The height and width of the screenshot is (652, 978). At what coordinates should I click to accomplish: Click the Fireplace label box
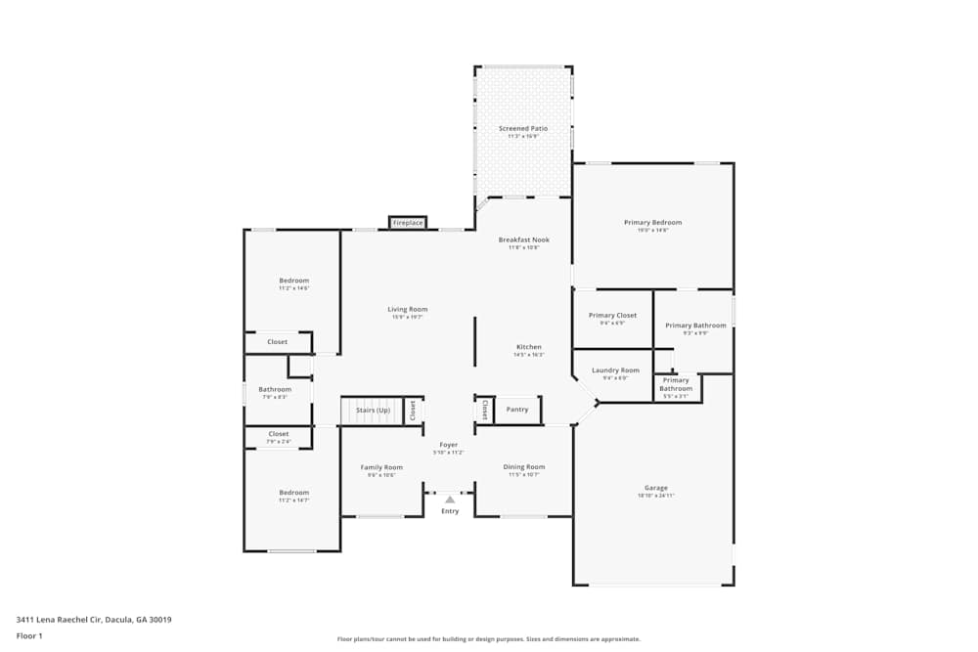point(408,223)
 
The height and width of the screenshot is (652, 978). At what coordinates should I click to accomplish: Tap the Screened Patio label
point(523,129)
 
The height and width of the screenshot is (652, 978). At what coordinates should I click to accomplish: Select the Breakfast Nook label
point(523,239)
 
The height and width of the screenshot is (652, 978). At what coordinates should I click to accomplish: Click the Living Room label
point(408,310)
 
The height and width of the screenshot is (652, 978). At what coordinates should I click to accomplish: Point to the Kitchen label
point(529,347)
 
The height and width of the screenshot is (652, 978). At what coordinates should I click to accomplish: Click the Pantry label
point(517,410)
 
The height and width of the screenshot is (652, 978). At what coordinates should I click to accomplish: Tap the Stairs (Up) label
point(373,411)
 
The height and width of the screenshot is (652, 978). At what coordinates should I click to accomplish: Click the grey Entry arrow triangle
point(450,500)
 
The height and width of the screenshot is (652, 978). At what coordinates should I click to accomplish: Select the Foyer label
point(449,445)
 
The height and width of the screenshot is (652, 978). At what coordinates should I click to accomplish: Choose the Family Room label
point(380,467)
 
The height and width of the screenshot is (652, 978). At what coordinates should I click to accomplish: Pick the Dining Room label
point(524,467)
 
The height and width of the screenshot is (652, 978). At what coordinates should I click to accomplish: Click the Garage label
point(655,488)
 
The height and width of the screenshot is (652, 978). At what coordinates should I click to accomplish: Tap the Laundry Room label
point(616,370)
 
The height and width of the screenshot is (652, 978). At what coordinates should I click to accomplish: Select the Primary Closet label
point(612,316)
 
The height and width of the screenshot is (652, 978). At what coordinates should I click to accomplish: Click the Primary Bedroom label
point(652,223)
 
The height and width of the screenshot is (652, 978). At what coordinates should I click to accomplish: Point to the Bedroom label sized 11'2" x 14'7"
point(293,493)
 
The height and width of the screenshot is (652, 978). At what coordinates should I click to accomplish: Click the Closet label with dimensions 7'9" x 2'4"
point(279,434)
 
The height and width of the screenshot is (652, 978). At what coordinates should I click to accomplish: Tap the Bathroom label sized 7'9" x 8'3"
point(275,390)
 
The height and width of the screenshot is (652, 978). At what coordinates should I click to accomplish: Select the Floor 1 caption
point(29,635)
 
